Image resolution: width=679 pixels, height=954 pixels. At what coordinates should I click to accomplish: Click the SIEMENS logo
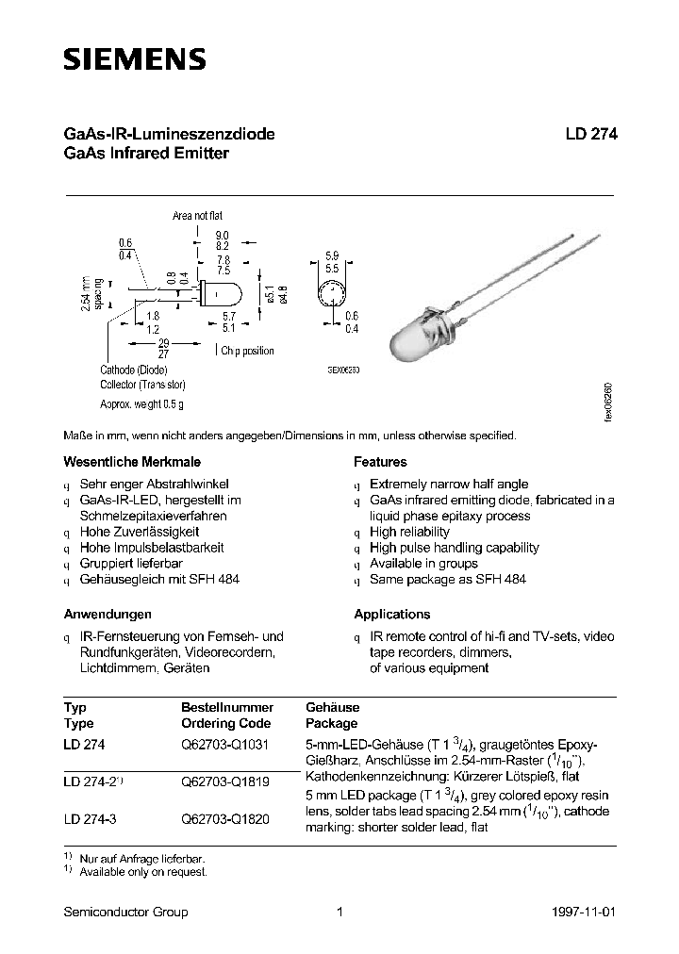134,60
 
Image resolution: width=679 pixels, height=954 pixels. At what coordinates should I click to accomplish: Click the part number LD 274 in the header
591,134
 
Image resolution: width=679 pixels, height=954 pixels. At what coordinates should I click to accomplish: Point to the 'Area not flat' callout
197,216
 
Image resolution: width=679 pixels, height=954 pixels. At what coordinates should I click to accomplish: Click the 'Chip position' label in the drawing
248,351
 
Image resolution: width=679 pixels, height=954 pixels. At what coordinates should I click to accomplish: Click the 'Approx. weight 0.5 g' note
142,404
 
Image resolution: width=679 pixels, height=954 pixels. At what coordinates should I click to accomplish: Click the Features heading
380,462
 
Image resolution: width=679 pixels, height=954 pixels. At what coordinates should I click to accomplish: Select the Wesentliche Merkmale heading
120,462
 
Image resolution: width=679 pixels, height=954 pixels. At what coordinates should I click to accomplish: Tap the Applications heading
391,614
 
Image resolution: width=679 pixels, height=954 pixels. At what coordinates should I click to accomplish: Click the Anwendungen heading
108,614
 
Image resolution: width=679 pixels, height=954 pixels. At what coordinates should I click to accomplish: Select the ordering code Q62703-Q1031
225,744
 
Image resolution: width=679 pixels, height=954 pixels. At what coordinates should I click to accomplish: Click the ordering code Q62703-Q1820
225,819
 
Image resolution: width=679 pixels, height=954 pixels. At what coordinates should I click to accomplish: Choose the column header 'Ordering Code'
225,723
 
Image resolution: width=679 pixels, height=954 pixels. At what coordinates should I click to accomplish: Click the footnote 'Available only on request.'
142,872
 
